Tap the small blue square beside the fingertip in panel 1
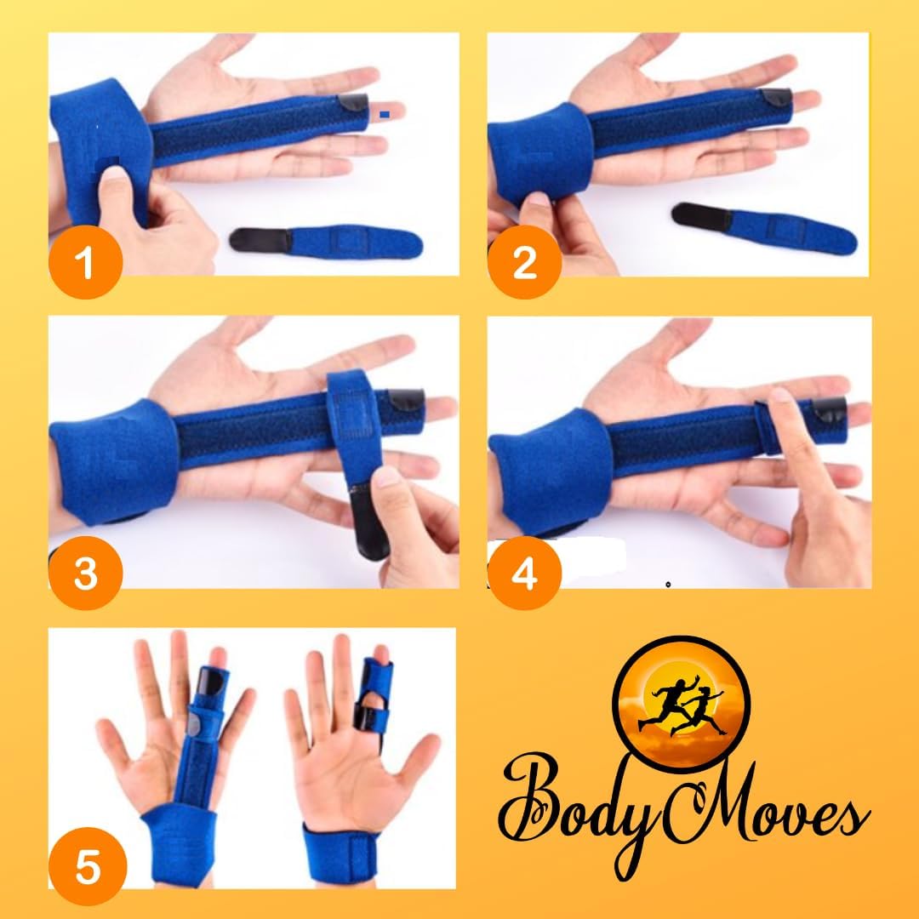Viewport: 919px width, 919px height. tap(386, 112)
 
